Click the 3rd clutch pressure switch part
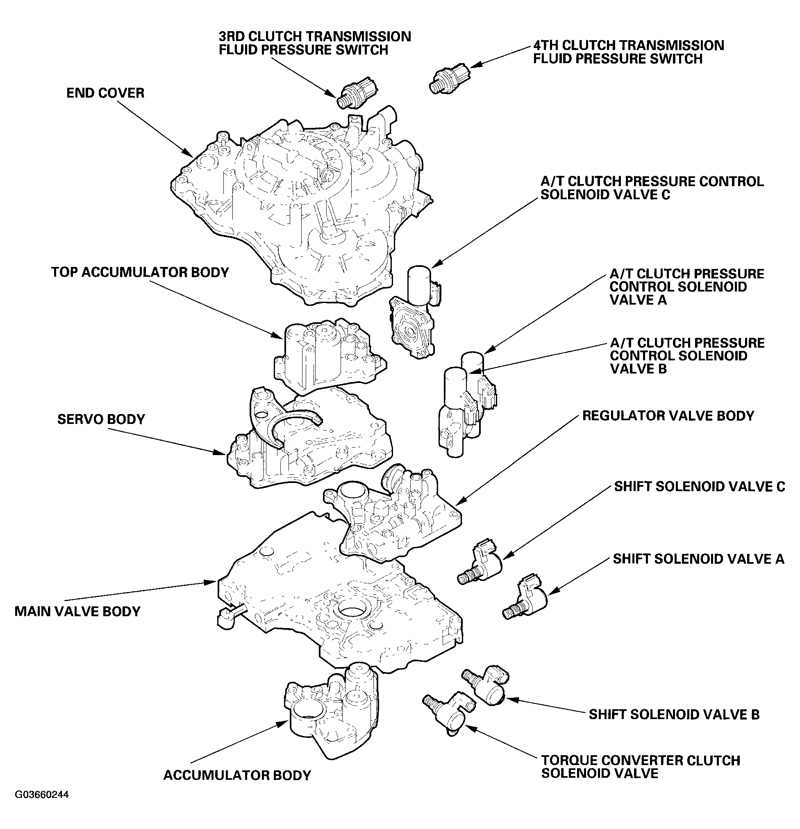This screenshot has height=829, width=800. tap(357, 91)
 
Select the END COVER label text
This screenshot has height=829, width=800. tap(105, 93)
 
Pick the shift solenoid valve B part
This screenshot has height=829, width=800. tap(486, 687)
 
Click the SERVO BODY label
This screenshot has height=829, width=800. tap(101, 419)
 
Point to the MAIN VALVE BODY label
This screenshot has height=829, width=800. tap(77, 611)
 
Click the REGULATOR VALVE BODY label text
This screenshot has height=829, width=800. tap(668, 416)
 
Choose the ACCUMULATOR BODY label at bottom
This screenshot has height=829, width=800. tap(237, 775)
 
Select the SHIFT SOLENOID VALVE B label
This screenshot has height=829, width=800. tap(674, 714)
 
